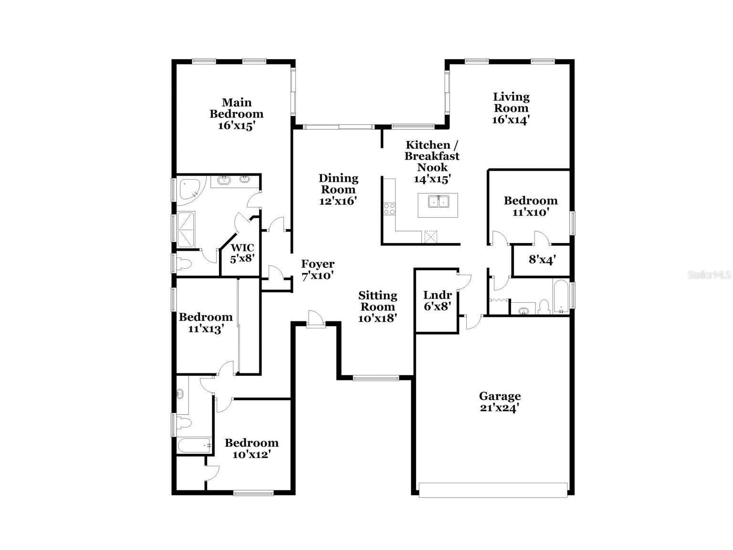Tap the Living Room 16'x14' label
tap(511, 108)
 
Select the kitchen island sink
tap(438, 202)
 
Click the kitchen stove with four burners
tap(389, 209)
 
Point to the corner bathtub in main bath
tap(191, 190)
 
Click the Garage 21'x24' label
tap(500, 402)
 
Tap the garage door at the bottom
tap(493, 490)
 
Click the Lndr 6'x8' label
tap(437, 301)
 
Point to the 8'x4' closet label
tap(542, 260)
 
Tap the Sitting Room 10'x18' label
tap(377, 307)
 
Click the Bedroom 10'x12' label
tap(251, 448)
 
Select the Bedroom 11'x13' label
tap(205, 323)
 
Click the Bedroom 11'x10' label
tap(530, 206)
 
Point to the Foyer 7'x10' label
tap(317, 270)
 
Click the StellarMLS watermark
tap(709, 275)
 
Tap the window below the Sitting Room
tap(376, 378)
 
